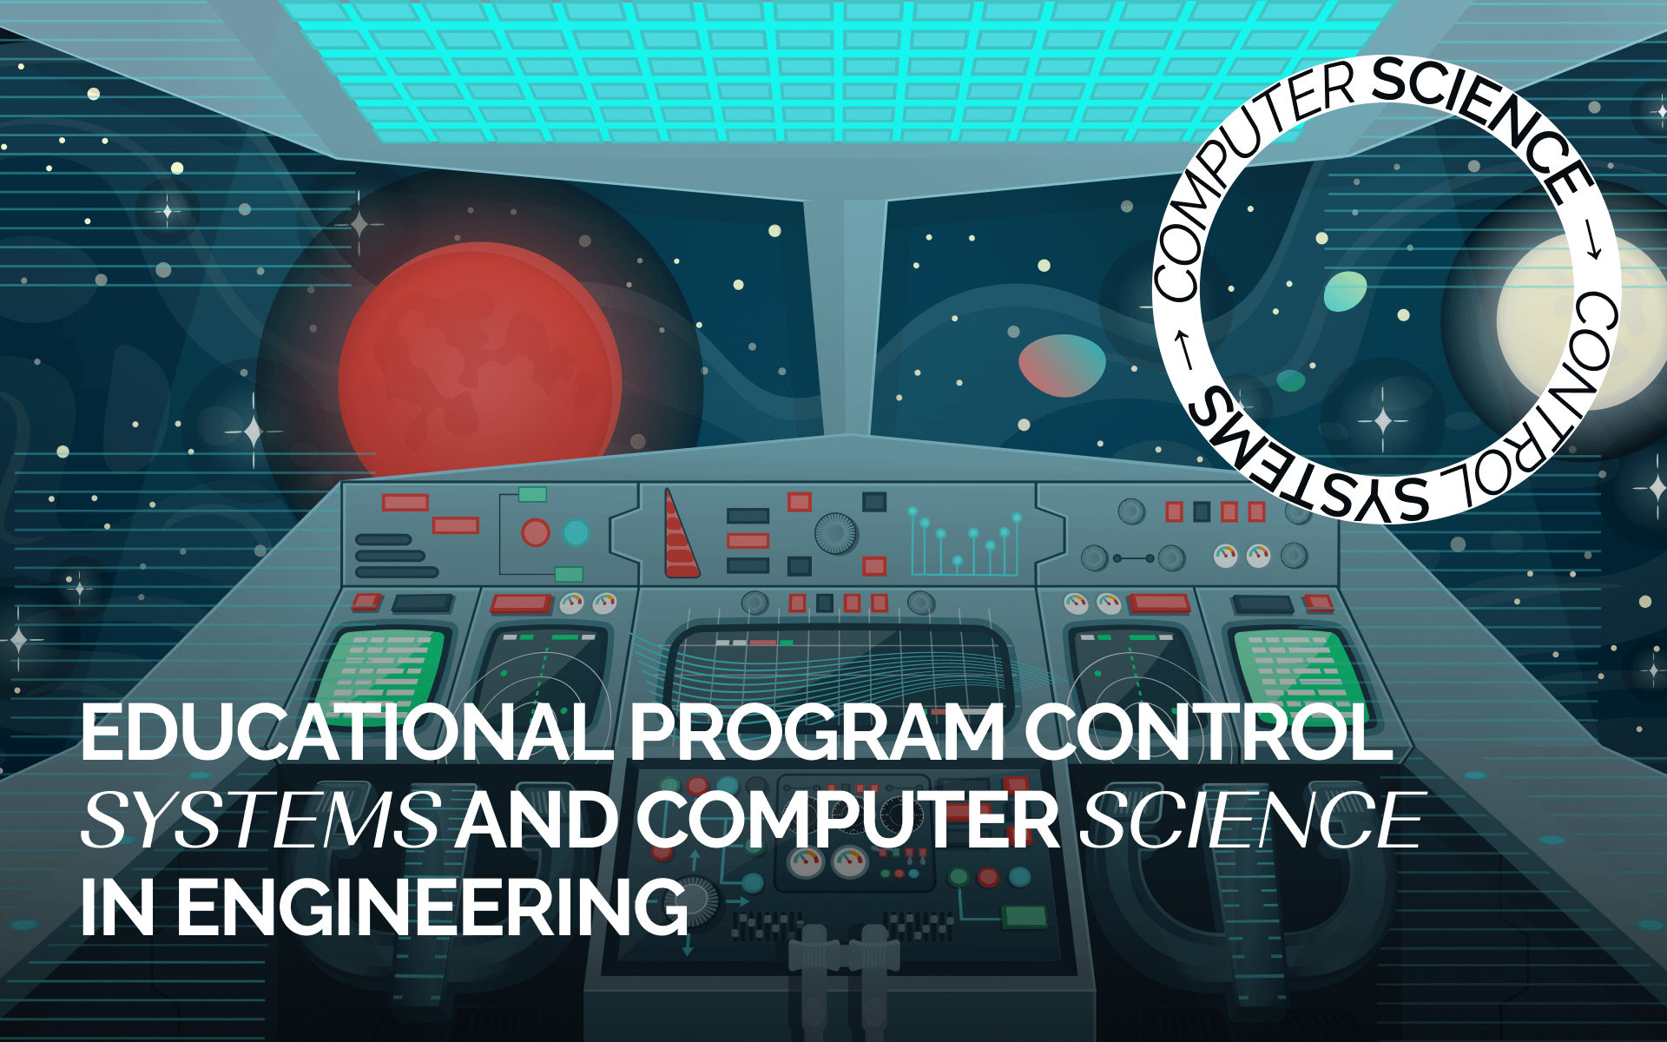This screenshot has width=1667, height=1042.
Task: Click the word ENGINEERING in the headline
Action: tap(432, 907)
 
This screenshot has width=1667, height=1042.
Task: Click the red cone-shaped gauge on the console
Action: tap(681, 533)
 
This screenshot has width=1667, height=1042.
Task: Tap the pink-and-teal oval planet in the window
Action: tap(1061, 365)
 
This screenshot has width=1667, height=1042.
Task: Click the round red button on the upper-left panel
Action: tap(535, 532)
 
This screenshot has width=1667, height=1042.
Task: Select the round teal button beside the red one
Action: tap(576, 532)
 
